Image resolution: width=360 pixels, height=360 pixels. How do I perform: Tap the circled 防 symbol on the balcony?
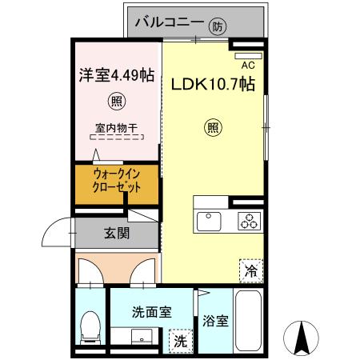[218, 26]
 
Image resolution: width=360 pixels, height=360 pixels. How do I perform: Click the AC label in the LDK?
[247, 65]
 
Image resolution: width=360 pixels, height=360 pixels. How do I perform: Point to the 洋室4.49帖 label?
[117, 77]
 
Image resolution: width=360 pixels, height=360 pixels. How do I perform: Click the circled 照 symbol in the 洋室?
[117, 102]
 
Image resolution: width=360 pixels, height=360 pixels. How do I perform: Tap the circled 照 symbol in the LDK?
[213, 126]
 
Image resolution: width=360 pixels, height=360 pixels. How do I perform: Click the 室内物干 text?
[117, 127]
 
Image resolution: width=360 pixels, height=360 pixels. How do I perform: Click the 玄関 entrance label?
[117, 234]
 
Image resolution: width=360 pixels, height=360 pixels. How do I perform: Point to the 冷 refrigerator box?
[250, 270]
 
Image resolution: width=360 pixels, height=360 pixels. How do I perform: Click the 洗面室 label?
[151, 313]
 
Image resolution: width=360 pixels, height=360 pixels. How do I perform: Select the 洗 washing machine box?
[182, 339]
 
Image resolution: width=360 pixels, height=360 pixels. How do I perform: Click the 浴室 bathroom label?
[215, 322]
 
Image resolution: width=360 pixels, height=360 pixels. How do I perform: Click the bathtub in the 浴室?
[250, 320]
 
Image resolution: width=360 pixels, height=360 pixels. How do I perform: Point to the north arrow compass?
[303, 337]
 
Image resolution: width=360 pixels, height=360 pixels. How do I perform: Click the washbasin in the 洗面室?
[145, 337]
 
